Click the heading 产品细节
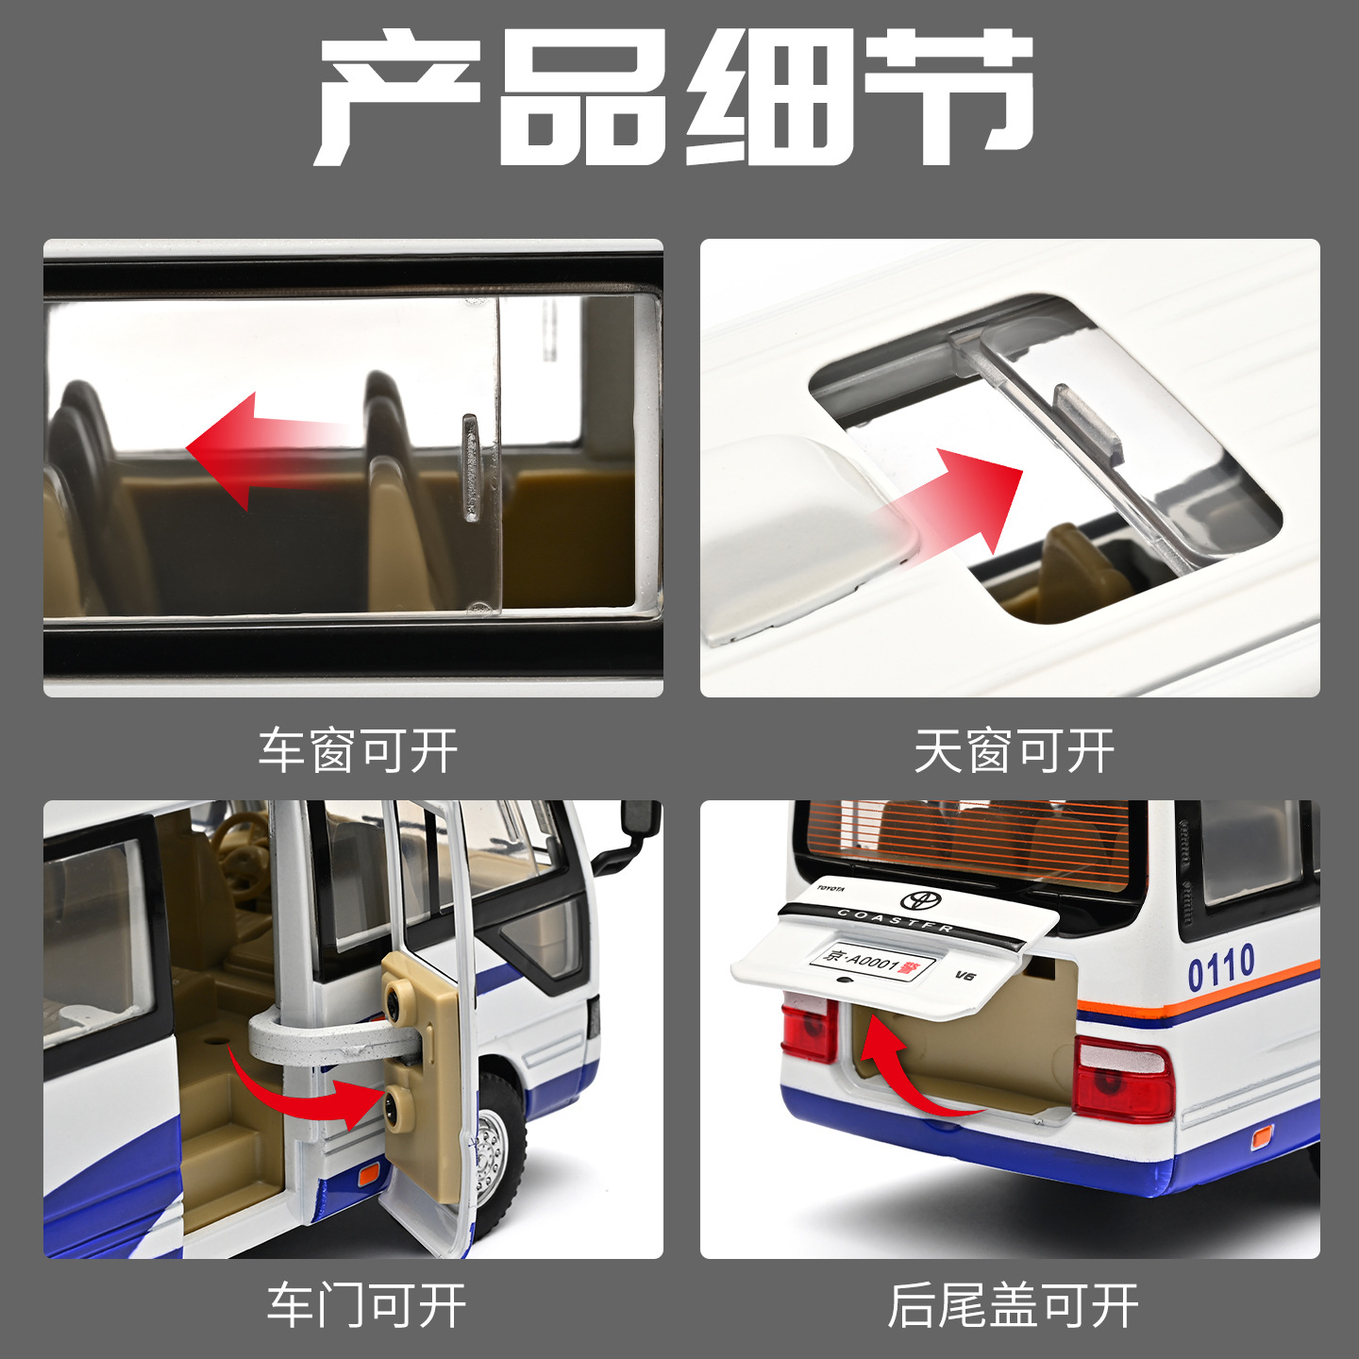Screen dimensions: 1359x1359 tap(674, 97)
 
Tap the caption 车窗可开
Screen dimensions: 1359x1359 tap(359, 752)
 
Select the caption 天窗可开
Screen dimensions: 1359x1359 tap(1015, 752)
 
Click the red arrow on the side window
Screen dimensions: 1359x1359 tap(268, 451)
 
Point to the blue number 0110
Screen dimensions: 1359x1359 tap(1221, 967)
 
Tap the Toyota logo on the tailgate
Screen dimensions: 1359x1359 tap(920, 900)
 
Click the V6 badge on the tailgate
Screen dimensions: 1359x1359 tap(965, 975)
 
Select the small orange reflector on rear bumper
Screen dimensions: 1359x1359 tap(1261, 1137)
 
